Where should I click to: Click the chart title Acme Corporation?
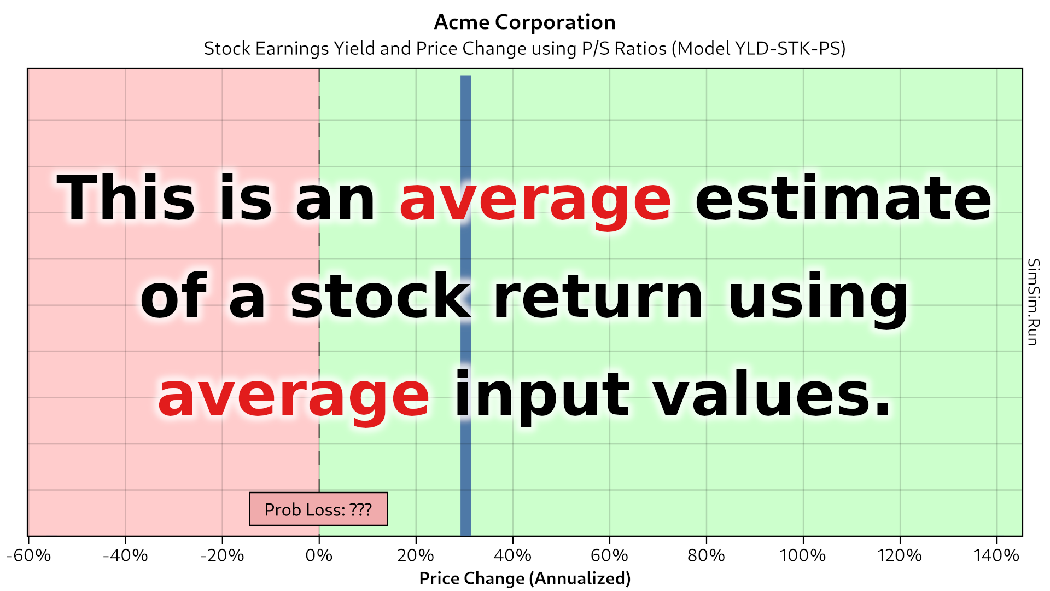point(524,22)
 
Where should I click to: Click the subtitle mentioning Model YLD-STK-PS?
point(524,49)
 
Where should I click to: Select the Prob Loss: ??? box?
point(318,509)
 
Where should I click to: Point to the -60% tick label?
point(28,555)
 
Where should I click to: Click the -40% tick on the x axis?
point(125,555)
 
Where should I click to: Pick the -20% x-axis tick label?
point(222,555)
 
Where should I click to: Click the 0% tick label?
point(319,555)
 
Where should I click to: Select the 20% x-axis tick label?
point(416,555)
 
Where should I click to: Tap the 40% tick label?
point(512,555)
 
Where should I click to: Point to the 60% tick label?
point(609,555)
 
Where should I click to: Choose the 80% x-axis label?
point(706,555)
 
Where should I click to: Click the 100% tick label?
point(803,555)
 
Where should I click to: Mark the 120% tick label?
point(900,555)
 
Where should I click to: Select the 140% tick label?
point(996,555)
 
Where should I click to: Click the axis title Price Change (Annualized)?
point(524,578)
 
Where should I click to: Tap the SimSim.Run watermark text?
point(1032,302)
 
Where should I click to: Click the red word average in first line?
point(535,200)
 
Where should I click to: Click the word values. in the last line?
point(772,394)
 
